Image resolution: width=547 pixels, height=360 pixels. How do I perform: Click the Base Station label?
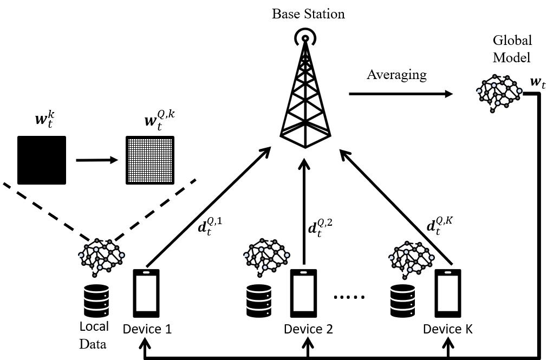(x=308, y=14)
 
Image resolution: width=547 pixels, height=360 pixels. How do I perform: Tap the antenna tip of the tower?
(x=305, y=38)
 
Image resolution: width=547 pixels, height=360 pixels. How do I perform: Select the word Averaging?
(x=396, y=74)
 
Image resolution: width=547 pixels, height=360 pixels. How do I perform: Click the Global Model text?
(x=512, y=49)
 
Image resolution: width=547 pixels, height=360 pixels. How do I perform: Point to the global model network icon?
(x=499, y=92)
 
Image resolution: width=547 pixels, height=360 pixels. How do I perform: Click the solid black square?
(x=42, y=160)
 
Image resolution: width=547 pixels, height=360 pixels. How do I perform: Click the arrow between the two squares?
(x=96, y=160)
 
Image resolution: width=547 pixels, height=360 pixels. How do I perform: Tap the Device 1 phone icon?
(x=147, y=293)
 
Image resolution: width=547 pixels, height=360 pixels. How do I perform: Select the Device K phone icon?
(x=448, y=293)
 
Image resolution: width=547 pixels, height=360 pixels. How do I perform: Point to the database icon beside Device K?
(x=403, y=300)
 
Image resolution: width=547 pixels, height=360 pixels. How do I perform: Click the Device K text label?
(x=448, y=329)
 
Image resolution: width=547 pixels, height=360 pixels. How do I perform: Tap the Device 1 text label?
(x=147, y=329)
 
